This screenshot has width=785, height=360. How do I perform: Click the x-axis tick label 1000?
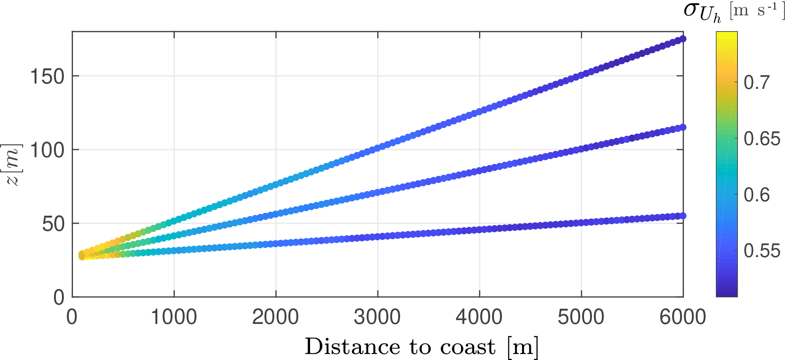tap(174, 317)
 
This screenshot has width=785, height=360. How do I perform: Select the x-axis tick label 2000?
tap(276, 317)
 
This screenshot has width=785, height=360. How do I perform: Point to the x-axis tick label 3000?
tap(377, 317)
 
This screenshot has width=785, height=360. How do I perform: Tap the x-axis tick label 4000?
tap(479, 317)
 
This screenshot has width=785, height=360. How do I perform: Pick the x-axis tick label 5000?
tap(581, 317)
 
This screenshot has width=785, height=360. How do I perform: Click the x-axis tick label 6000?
tap(683, 317)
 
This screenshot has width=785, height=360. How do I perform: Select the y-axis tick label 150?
tap(47, 77)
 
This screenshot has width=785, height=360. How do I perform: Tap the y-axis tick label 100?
tap(47, 150)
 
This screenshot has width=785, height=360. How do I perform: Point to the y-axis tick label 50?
tap(54, 224)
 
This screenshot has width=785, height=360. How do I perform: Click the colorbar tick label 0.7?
tap(756, 83)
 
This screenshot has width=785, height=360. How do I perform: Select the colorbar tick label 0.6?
tap(756, 195)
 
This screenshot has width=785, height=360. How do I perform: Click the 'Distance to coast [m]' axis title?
tap(421, 347)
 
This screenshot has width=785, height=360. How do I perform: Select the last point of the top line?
tap(683, 39)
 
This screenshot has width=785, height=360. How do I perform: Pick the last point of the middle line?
tap(683, 127)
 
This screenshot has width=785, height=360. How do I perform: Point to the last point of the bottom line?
tap(683, 216)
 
